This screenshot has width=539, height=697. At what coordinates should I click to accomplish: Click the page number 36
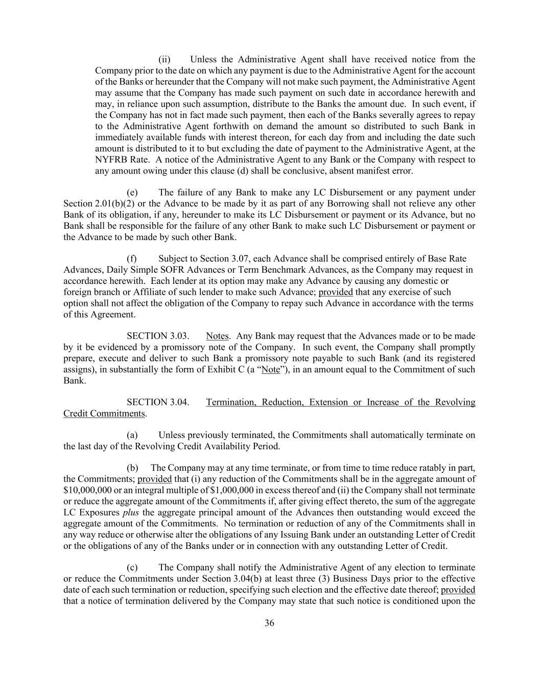pyautogui.click(x=269, y=623)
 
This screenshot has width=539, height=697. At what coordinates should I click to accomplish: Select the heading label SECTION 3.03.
pyautogui.click(x=157, y=336)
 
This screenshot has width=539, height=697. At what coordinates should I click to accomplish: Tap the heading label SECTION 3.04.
pyautogui.click(x=157, y=402)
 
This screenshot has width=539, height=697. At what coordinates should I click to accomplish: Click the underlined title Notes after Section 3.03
pyautogui.click(x=217, y=336)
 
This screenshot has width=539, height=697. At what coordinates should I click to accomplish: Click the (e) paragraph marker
pyautogui.click(x=132, y=193)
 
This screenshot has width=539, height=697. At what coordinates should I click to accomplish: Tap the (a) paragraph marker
pyautogui.click(x=132, y=435)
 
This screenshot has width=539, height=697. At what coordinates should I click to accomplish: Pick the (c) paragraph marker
pyautogui.click(x=132, y=567)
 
